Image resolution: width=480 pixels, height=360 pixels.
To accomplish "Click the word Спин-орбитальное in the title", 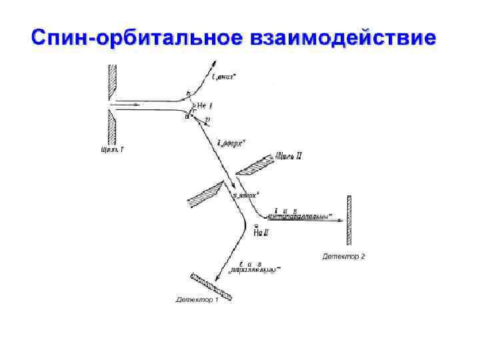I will (127, 37).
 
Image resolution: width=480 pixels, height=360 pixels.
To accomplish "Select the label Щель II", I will (289, 157).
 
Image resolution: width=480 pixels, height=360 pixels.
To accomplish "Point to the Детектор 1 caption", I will (197, 300).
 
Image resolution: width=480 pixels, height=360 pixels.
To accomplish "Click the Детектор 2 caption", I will (343, 256).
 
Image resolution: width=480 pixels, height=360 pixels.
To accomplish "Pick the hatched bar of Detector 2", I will (349, 220).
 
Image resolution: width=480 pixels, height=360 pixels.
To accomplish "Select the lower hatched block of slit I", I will (113, 126).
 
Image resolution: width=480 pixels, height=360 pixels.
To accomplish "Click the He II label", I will (261, 232).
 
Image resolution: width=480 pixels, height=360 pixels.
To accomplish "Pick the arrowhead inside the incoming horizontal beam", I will (137, 104).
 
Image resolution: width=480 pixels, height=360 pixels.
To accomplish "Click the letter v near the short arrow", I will (207, 120).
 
